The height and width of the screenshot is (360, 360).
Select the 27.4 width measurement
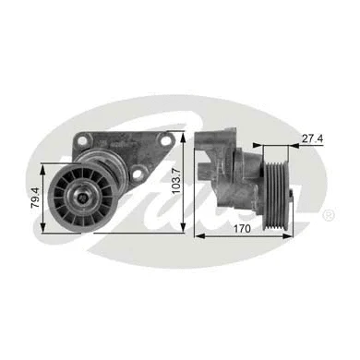[x=311, y=138]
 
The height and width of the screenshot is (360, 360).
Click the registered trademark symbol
[x=328, y=214]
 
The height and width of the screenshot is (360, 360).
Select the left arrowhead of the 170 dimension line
[x=197, y=237]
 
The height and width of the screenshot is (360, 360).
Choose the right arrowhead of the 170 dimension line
[x=289, y=237]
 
